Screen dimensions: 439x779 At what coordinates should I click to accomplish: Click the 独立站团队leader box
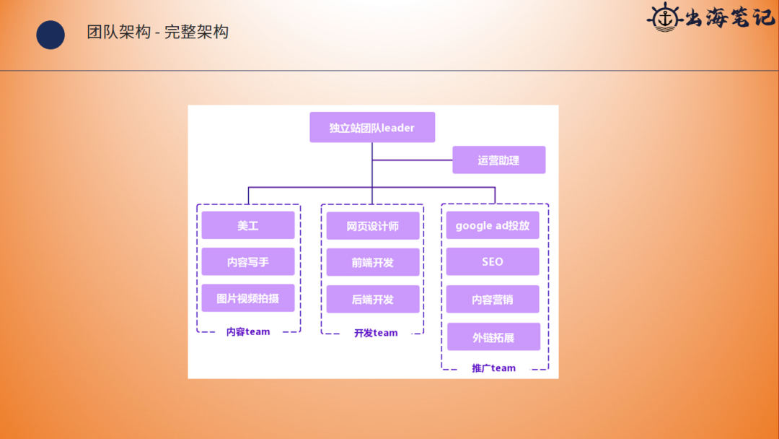click(x=372, y=128)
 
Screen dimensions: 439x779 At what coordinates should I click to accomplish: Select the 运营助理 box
click(x=498, y=160)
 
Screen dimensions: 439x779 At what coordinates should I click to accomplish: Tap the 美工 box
click(x=248, y=225)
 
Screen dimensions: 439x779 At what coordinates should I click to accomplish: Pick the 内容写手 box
click(x=248, y=262)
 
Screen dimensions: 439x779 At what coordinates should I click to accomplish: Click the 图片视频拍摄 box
click(x=248, y=298)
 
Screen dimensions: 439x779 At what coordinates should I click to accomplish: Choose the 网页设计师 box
click(x=372, y=226)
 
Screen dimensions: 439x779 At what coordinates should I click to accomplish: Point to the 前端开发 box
click(x=372, y=263)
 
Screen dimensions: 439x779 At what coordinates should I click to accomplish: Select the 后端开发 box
click(x=372, y=299)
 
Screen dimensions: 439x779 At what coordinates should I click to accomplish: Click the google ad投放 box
click(x=493, y=225)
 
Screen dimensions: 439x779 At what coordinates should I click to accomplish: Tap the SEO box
click(x=493, y=262)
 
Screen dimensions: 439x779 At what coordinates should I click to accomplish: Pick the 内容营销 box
click(x=493, y=299)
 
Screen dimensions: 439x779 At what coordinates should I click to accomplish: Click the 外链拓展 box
click(x=493, y=337)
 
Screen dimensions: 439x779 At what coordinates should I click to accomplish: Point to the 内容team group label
click(x=248, y=332)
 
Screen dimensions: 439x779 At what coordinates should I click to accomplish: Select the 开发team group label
click(x=376, y=333)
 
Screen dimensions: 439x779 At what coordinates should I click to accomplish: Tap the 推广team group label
click(x=494, y=368)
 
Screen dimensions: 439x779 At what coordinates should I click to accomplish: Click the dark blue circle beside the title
click(x=50, y=35)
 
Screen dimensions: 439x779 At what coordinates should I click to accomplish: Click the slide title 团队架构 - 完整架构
click(x=158, y=32)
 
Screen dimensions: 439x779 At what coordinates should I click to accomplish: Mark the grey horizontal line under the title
click(x=389, y=71)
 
